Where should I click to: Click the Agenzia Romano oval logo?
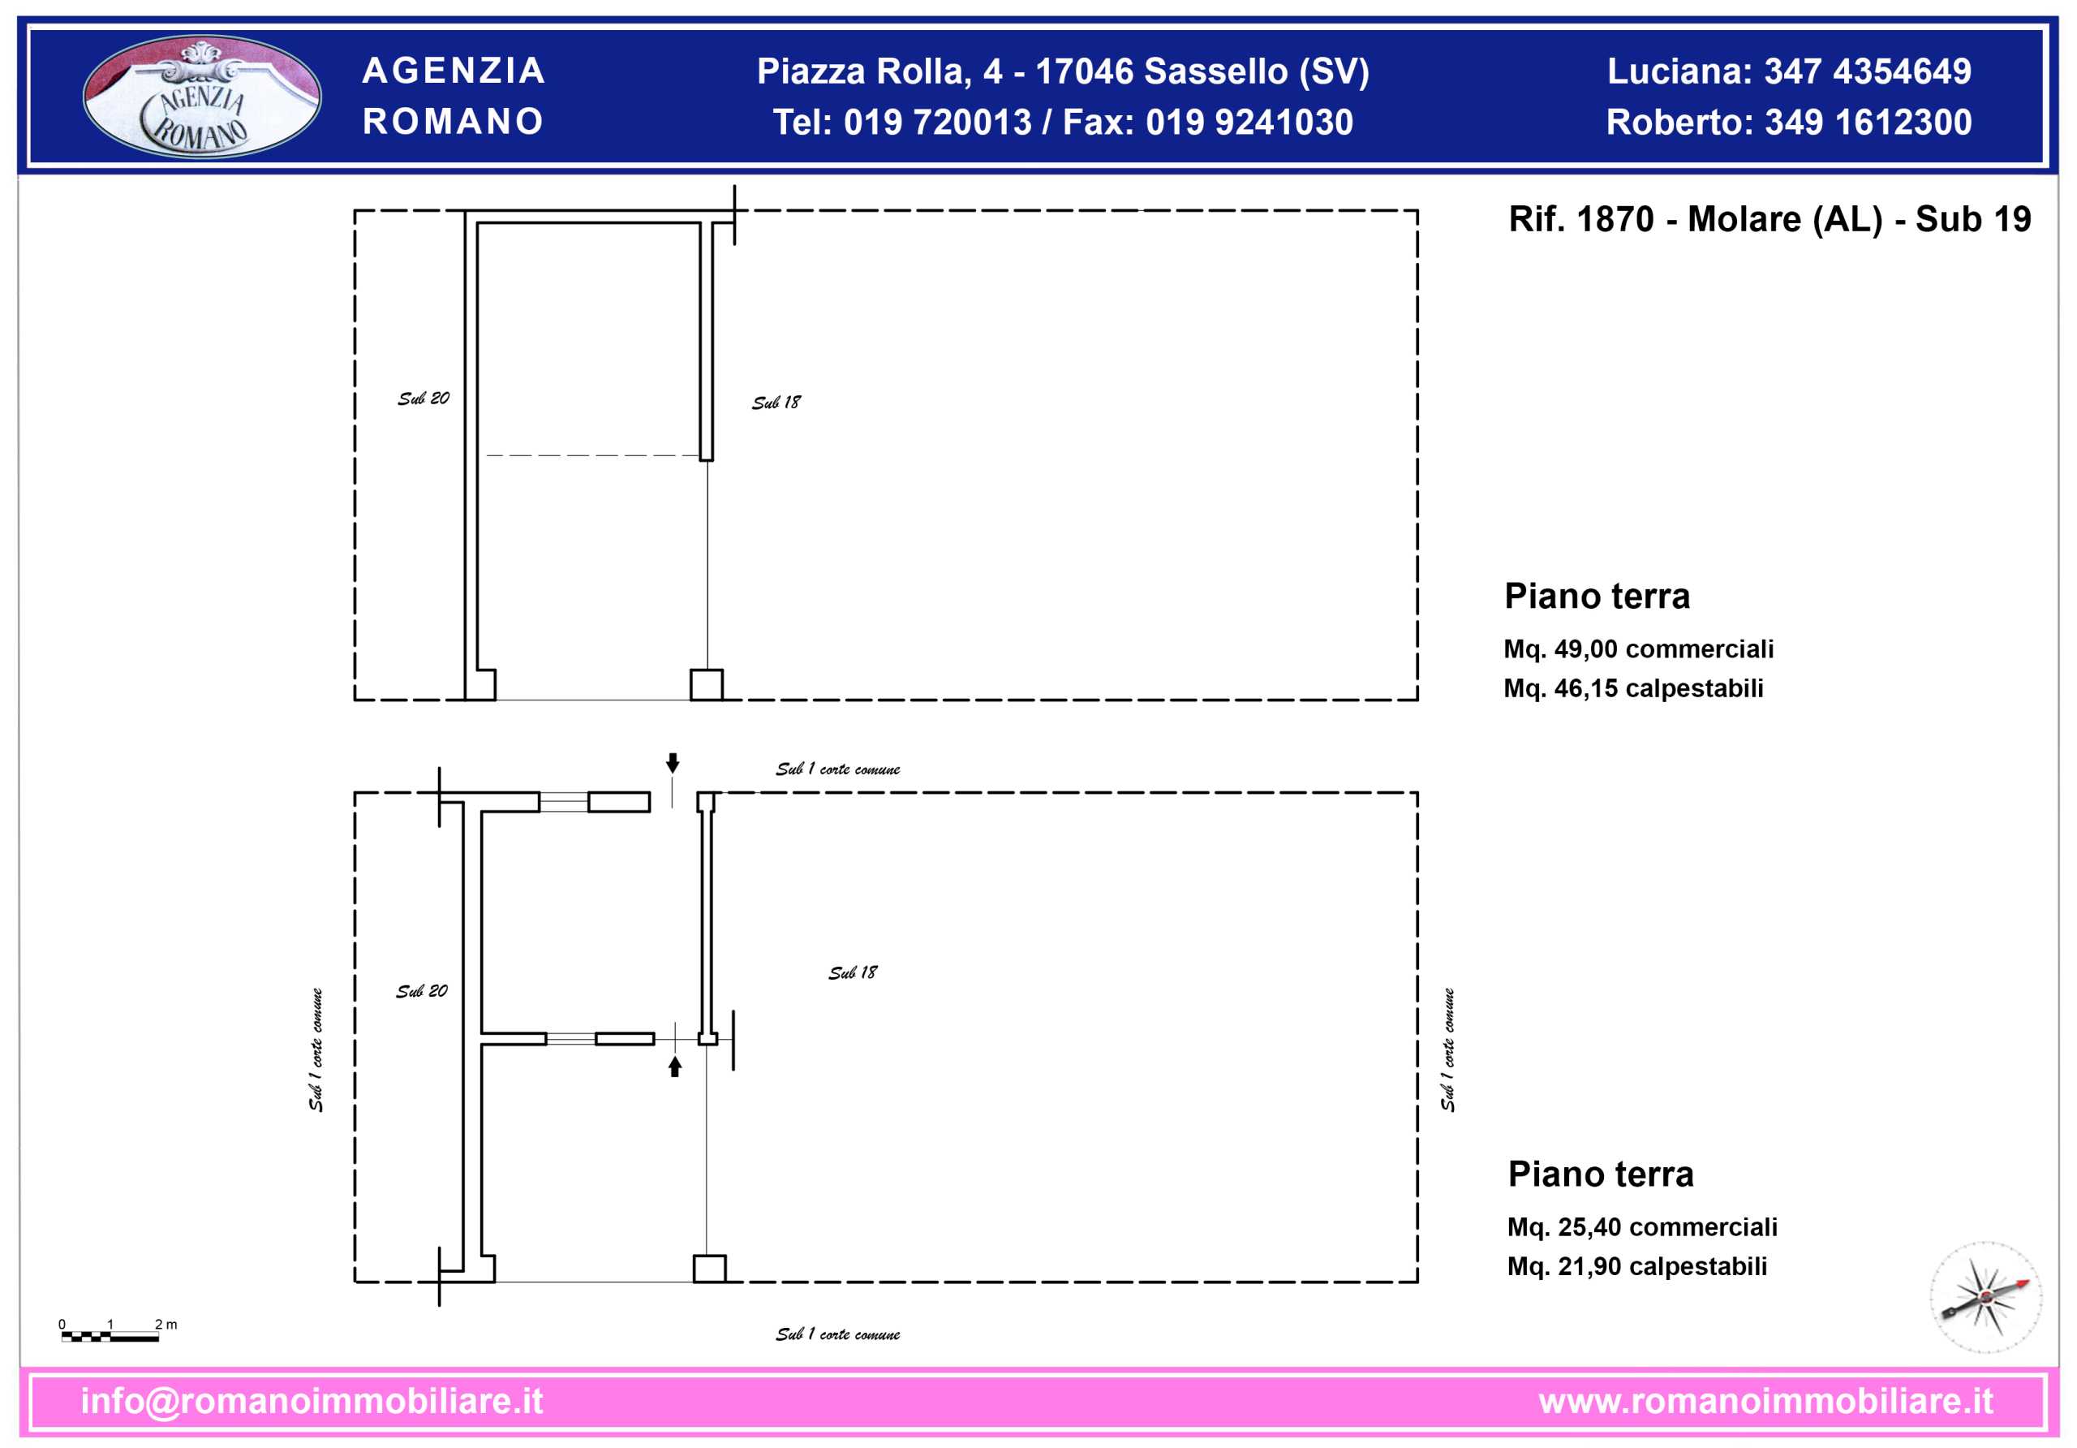(202, 96)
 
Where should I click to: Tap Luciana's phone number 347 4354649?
(1868, 71)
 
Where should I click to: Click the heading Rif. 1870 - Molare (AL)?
(1695, 220)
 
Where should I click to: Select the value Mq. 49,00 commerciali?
(1638, 649)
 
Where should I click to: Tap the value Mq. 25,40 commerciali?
(1642, 1227)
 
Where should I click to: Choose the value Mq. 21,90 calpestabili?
(1636, 1267)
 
